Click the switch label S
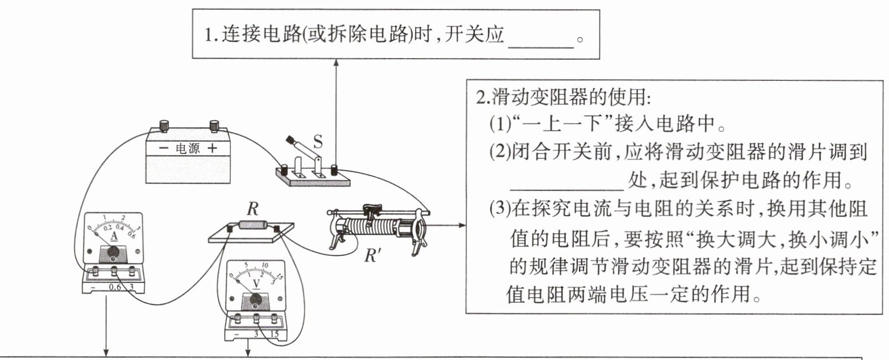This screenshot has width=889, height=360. [x=318, y=142]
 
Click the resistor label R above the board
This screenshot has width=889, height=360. [x=252, y=209]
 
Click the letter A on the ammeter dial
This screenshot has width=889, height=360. [x=114, y=236]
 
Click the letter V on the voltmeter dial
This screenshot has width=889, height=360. [x=256, y=284]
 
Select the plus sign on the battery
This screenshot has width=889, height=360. [x=213, y=148]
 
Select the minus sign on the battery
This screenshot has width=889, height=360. [x=163, y=148]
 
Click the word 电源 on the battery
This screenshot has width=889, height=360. [x=188, y=148]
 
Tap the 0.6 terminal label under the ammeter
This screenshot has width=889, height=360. [x=115, y=287]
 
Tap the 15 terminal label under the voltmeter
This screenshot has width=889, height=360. [x=274, y=335]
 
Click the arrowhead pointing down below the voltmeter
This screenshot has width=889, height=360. [x=248, y=352]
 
